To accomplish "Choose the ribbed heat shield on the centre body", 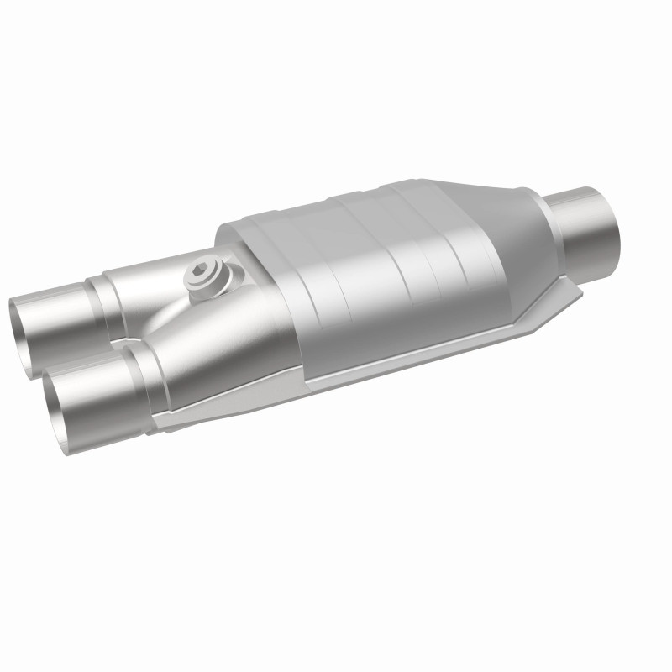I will pyautogui.click(x=378, y=269).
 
